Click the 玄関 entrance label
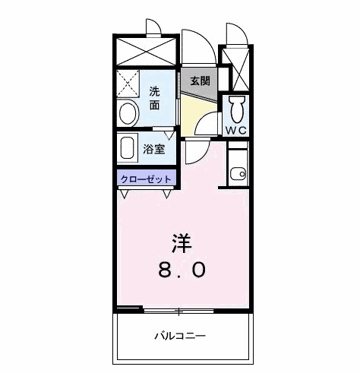(199, 81)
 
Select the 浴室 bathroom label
(154, 149)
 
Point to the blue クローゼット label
(147, 179)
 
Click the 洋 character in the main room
(180, 244)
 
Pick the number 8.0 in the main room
(180, 269)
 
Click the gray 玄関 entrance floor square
(199, 82)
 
